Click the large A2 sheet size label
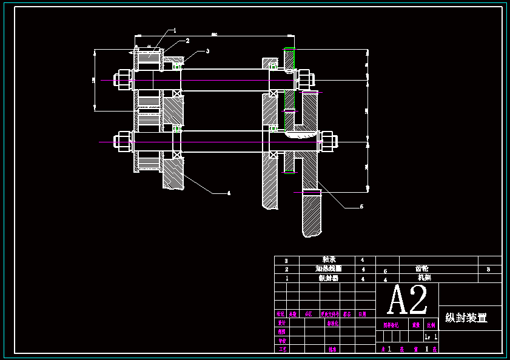[407, 299]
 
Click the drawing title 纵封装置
[466, 318]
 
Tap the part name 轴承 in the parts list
[329, 259]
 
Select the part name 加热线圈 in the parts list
[328, 268]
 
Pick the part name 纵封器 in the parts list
[328, 278]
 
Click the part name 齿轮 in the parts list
[422, 268]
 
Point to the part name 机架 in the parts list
[424, 278]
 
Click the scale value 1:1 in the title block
[431, 336]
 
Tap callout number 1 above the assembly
[175, 30]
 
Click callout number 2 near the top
[187, 41]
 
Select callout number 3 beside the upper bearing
[207, 51]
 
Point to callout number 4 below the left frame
[229, 193]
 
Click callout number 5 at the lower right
[361, 207]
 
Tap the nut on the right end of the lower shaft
[327, 142]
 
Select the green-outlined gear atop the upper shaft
[289, 59]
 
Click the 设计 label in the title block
[281, 323]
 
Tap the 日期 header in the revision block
[362, 314]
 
